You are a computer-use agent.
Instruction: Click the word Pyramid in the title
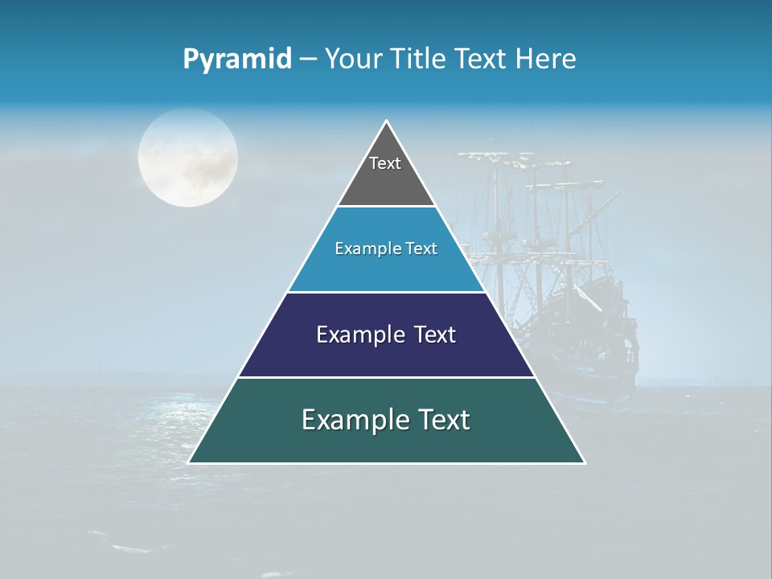(237, 60)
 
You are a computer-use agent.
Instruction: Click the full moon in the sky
(187, 158)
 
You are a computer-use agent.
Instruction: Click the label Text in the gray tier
(385, 163)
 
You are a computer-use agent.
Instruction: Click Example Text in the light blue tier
(386, 248)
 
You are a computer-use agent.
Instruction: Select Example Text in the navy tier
(386, 335)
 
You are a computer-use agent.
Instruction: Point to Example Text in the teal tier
(386, 420)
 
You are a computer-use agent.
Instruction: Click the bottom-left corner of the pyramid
(190, 462)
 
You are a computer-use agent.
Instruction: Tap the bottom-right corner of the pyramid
(584, 462)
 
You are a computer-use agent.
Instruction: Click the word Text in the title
(481, 60)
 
